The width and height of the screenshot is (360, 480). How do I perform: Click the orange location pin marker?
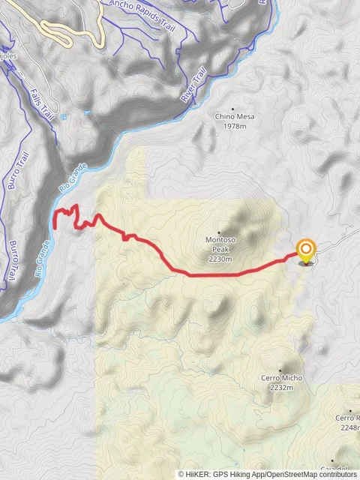[306, 250]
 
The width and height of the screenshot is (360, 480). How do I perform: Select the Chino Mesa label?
[235, 117]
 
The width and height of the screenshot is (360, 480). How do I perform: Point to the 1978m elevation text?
[235, 126]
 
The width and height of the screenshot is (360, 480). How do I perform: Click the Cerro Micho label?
[281, 379]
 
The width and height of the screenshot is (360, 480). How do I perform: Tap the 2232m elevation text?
[281, 388]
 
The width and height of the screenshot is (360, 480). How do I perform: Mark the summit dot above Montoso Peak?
[220, 232]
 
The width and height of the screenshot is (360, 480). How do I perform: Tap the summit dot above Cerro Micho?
[280, 370]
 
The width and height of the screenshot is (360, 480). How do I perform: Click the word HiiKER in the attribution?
[197, 474]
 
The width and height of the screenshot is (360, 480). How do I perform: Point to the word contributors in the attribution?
[336, 474]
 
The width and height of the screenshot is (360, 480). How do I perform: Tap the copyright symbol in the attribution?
[181, 474]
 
